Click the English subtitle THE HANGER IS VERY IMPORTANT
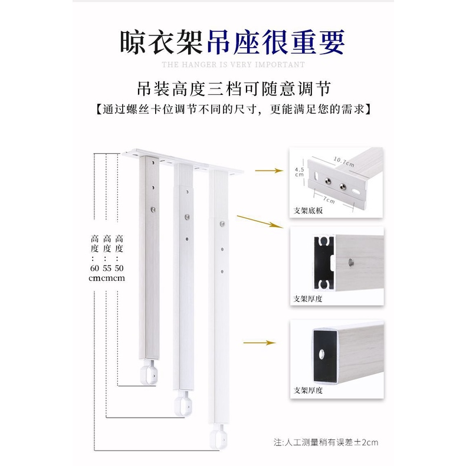pos(234,64)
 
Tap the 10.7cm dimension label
pos(344,162)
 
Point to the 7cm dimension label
pos(329,200)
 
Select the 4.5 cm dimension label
pos(299,172)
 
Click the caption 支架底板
pos(308,211)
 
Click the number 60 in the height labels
pos(94,268)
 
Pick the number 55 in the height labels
pos(107,268)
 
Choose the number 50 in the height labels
pos(119,268)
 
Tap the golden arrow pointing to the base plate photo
pos(269,170)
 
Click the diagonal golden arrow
pos(260,222)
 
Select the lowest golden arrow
pos(260,343)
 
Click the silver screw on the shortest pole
pos(153,209)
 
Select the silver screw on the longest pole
pos(222,224)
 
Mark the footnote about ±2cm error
pos(326,442)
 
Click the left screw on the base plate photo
pos(327,181)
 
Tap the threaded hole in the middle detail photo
pos(351,262)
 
